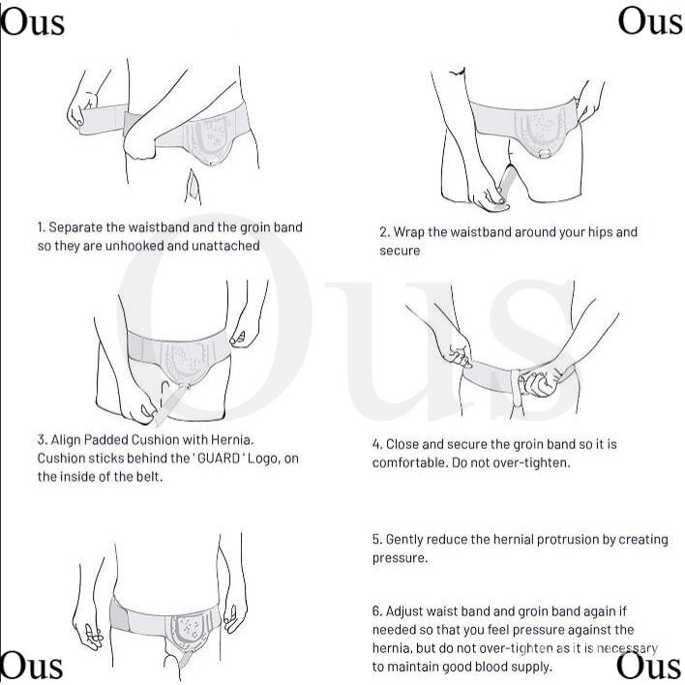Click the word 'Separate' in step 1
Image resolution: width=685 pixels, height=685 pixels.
(75, 227)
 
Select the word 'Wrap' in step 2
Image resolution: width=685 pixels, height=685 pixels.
(409, 232)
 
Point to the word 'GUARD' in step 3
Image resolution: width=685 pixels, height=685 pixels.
(219, 459)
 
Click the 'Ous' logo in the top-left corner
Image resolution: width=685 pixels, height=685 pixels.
(32, 22)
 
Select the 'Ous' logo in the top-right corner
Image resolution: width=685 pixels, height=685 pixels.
(650, 21)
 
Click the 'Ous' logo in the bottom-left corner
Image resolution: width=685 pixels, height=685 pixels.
(32, 666)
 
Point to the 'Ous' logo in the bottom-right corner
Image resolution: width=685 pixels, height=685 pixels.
(649, 666)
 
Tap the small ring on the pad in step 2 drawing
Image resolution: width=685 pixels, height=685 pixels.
(545, 153)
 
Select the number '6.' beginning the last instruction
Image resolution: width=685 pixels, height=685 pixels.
(377, 611)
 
